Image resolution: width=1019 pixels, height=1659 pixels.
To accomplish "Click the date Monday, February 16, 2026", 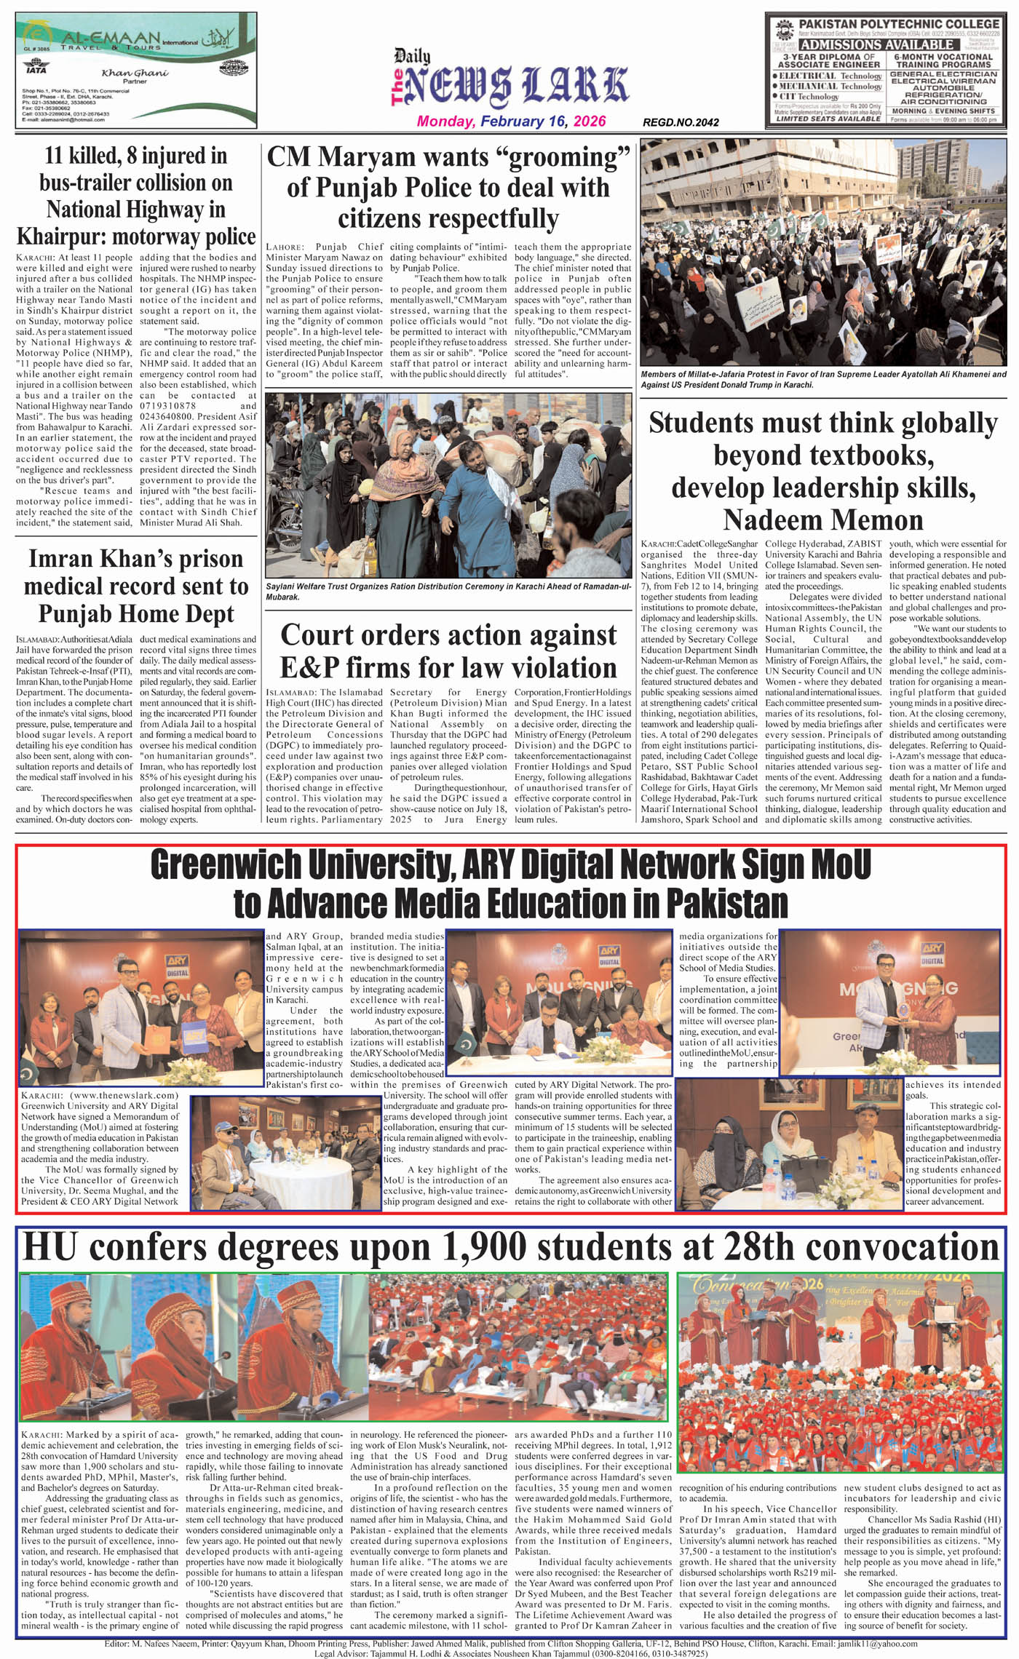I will point(511,122).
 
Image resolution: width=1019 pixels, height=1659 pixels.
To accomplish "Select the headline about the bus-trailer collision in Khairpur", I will point(136,196).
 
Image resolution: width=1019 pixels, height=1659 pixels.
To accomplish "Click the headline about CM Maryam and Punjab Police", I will point(448,187).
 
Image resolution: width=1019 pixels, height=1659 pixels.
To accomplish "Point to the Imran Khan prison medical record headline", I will point(136,586).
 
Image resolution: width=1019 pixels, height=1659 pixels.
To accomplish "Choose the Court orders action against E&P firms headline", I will point(448,651).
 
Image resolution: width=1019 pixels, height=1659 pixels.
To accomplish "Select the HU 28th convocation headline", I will point(510,1247).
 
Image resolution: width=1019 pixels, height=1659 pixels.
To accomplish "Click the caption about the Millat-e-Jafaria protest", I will point(823,379).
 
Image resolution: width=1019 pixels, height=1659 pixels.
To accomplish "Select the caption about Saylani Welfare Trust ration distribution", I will point(448,591).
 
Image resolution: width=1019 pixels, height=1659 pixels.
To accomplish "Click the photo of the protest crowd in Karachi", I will point(823,253).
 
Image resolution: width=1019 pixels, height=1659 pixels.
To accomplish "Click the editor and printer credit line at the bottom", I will point(510,1643).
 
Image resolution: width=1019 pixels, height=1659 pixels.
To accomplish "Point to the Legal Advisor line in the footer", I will point(510,1653).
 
